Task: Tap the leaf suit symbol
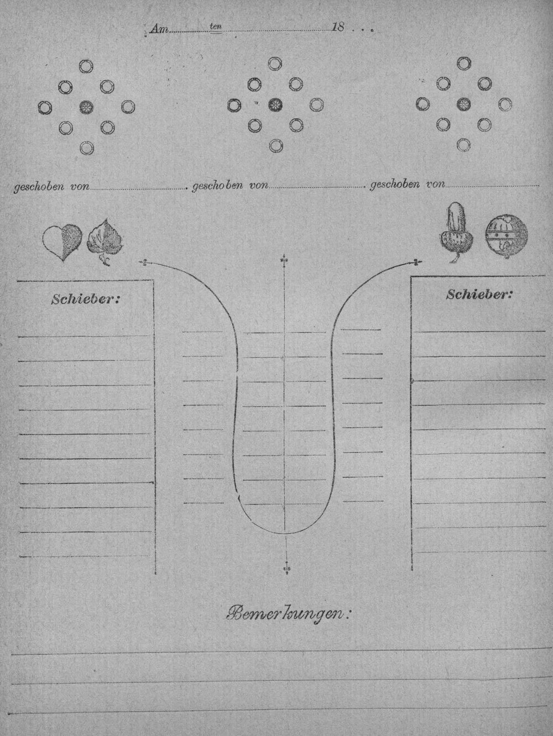click(x=105, y=242)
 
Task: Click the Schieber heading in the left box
click(x=85, y=299)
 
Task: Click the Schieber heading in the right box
click(x=479, y=295)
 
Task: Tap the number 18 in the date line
click(x=337, y=27)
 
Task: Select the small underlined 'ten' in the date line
click(x=216, y=27)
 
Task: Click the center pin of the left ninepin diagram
click(x=87, y=108)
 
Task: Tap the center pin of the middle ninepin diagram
click(x=275, y=105)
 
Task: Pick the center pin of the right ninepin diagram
click(x=463, y=104)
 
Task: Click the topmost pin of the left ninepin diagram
click(x=86, y=66)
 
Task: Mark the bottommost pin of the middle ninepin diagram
click(x=276, y=146)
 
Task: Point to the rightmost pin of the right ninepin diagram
click(x=505, y=104)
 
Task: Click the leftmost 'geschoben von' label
click(x=51, y=186)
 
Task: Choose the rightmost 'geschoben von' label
click(x=408, y=185)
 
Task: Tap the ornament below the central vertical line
click(x=286, y=568)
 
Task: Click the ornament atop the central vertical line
click(x=284, y=261)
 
